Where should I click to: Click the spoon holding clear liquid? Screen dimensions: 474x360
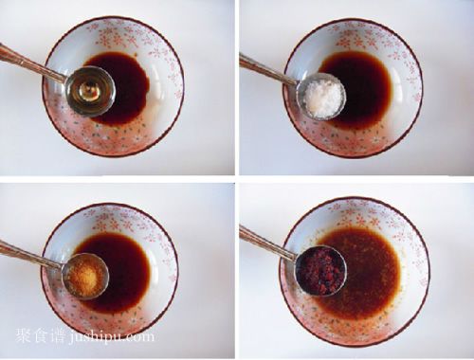[x=91, y=91]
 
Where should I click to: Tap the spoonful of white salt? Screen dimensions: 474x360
[x=321, y=96]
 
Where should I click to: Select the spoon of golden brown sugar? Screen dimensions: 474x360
[x=85, y=276]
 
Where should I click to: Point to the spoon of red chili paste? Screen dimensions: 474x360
[x=321, y=271]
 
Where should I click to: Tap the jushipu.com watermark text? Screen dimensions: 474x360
[x=111, y=336]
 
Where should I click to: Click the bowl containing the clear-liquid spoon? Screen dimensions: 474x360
[x=113, y=86]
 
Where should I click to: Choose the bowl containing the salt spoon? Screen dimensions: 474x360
[x=353, y=89]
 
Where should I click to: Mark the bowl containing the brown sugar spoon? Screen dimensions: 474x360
[x=110, y=271]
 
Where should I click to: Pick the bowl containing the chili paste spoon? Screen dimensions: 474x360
[x=355, y=272]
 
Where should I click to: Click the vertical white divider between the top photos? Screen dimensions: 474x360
[x=237, y=87]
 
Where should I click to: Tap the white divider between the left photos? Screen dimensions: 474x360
[x=118, y=179]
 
